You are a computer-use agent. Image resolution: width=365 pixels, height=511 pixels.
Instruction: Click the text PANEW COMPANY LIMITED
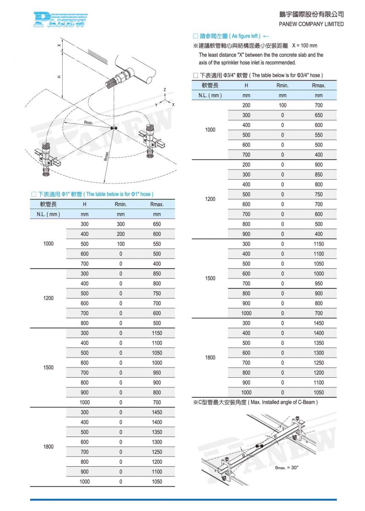click(x=311, y=24)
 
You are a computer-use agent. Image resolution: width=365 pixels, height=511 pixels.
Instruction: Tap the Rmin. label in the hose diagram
click(x=88, y=123)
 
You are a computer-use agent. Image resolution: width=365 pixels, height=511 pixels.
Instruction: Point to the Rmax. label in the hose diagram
click(x=106, y=155)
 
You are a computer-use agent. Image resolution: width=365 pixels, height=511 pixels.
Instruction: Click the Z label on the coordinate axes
click(x=165, y=90)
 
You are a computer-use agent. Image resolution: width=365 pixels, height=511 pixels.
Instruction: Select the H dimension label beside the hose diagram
click(x=59, y=77)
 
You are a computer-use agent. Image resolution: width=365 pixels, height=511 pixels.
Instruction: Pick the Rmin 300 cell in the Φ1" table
click(x=121, y=224)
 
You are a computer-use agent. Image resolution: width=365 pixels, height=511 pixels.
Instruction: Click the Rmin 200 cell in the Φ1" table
click(x=121, y=234)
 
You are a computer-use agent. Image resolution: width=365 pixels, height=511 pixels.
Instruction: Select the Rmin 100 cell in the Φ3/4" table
click(x=282, y=105)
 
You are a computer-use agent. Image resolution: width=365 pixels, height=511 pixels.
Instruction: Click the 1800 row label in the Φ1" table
click(x=49, y=447)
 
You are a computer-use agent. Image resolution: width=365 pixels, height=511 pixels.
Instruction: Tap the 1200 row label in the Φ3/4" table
click(x=210, y=199)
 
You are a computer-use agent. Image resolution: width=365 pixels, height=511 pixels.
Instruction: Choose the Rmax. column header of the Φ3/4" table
click(x=319, y=85)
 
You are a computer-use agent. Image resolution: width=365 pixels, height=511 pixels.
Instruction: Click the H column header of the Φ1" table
click(x=85, y=204)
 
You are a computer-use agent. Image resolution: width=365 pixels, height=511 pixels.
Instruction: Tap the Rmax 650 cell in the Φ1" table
click(x=157, y=224)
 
